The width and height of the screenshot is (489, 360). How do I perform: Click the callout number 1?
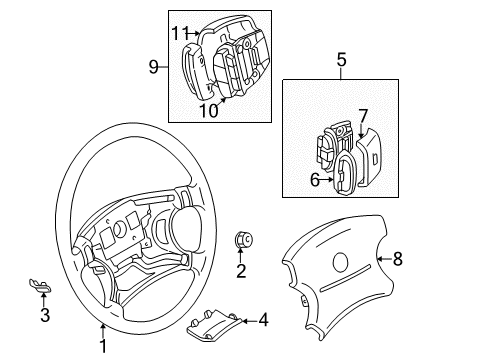pos(104,346)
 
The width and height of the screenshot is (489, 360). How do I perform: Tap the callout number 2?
pos(241,271)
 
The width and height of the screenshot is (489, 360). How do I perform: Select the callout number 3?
pos(45,315)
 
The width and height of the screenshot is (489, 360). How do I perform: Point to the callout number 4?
pos(263,320)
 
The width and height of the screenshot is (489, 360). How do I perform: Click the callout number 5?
pos(342,60)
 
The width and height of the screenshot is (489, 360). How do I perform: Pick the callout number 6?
pos(315,180)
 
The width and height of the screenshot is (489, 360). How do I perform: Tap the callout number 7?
pos(363,116)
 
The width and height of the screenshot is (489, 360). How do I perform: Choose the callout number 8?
pos(398,259)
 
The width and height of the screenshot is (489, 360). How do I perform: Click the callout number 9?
pos(153,67)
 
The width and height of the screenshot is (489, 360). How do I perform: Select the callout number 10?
pos(209,110)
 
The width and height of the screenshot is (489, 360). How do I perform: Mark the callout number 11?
pos(180,33)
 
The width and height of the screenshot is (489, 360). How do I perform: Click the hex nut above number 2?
pos(244,240)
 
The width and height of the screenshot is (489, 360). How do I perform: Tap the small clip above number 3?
pos(40,286)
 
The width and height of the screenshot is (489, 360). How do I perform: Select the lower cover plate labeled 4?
pos(213,326)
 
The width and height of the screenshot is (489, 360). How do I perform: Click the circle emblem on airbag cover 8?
pos(340,262)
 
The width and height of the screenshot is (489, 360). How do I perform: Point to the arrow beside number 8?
pos(385,259)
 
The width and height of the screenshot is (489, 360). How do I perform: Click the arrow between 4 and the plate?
pos(249,321)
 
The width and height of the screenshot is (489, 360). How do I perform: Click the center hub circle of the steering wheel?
pos(118,229)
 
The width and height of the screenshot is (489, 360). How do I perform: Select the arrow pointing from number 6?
pos(327,180)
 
